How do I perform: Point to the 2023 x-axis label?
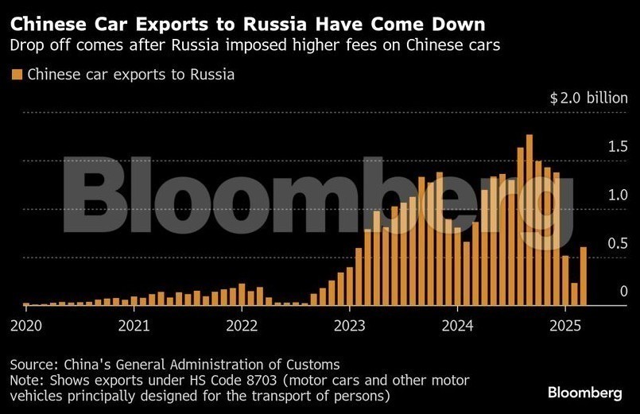tap(350, 325)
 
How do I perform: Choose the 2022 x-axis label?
tap(242, 325)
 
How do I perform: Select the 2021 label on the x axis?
tap(134, 325)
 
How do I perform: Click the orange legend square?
tap(16, 75)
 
